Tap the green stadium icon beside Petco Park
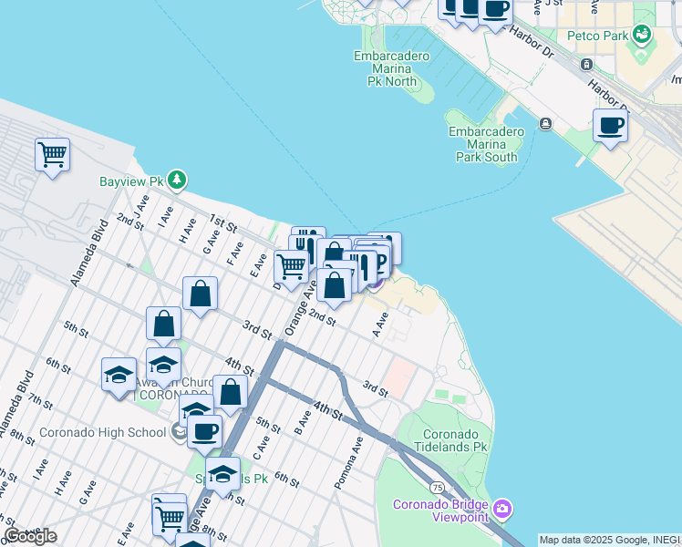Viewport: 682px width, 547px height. point(643,35)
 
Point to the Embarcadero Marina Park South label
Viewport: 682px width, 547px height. point(486,144)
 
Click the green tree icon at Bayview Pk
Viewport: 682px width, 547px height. point(177,181)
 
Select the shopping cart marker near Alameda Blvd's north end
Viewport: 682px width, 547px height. point(53,154)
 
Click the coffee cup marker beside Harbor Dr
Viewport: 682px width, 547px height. point(610,125)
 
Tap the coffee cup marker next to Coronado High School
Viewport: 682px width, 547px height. point(204,431)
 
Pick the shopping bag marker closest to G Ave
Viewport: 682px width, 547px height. point(200,294)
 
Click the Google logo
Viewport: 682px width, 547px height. point(30,536)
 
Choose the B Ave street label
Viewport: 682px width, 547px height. point(304,420)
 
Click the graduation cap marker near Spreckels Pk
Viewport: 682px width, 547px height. point(222,473)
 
